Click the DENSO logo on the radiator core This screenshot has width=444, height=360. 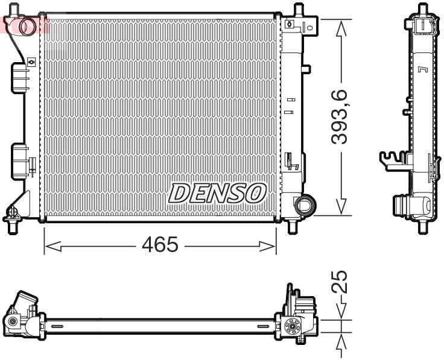[x=217, y=193]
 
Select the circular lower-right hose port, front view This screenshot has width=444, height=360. [x=303, y=204]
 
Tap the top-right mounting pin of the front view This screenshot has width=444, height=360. [x=297, y=10]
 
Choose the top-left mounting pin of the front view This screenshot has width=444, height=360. [x=16, y=10]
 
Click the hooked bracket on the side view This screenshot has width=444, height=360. [x=391, y=158]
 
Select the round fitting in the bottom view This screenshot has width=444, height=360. [x=293, y=327]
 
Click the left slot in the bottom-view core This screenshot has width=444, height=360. [x=57, y=326]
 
